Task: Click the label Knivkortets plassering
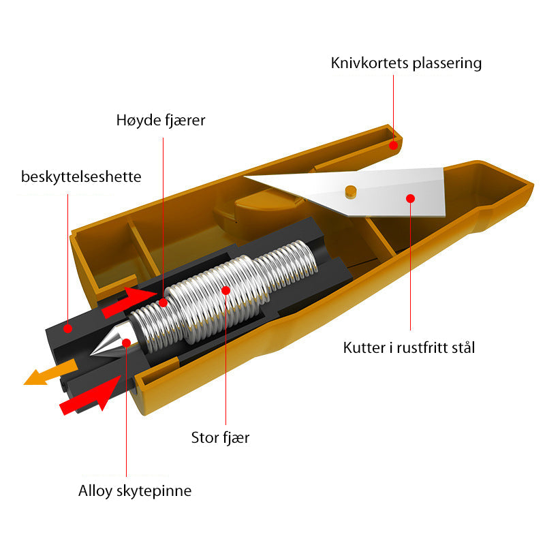coord(406,63)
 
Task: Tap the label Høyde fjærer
coord(160,121)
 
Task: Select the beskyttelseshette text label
coord(81,177)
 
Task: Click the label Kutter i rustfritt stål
coord(409,347)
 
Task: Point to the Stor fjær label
coord(220,437)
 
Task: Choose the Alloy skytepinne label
coord(135,490)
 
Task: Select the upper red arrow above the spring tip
coord(129,301)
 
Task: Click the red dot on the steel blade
coord(410,198)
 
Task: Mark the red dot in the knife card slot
coord(393,145)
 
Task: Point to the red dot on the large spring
coord(226,290)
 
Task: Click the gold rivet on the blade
coord(350,190)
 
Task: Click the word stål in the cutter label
coord(460,347)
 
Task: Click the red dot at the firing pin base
coord(126,342)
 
